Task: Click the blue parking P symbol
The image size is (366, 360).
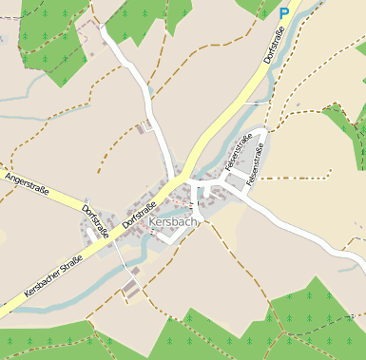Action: click(283, 13)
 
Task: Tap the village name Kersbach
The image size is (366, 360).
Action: click(174, 222)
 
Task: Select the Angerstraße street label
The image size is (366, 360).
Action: click(26, 180)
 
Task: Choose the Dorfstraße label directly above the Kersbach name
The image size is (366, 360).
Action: click(140, 207)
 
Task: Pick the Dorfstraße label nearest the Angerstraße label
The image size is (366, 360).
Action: click(95, 220)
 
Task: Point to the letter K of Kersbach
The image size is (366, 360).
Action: click(153, 223)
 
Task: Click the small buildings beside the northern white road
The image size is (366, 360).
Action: click(146, 124)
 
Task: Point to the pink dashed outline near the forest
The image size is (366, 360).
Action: click(89, 33)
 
